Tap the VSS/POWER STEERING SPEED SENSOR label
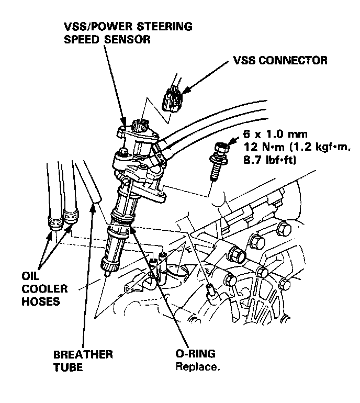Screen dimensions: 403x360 (x=128, y=32)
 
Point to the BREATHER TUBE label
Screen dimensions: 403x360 (x=83, y=361)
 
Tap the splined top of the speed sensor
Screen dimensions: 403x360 (x=140, y=125)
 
